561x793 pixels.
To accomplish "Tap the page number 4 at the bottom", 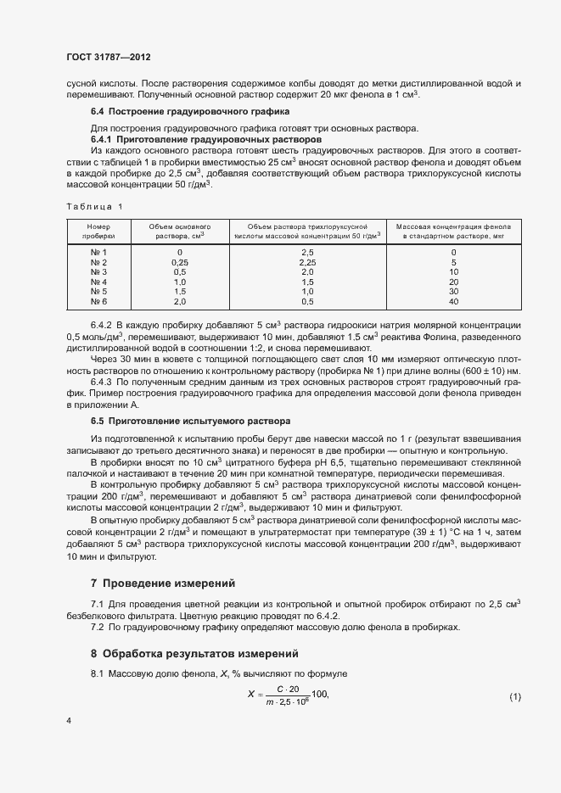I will tap(69, 720).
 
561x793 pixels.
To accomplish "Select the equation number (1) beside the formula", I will tap(514, 696).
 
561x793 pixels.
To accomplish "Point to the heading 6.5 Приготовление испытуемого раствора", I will tap(190, 421).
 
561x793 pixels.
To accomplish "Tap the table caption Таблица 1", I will tap(94, 206).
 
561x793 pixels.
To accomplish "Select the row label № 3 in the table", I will tap(98, 271).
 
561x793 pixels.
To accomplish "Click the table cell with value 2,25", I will tap(307, 262).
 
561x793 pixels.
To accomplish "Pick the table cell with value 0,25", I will tap(179, 262).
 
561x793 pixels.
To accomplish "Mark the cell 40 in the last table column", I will tap(453, 302).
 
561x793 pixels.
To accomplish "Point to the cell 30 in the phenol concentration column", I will tap(453, 292).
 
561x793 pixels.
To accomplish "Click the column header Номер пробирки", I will tap(98, 232).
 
